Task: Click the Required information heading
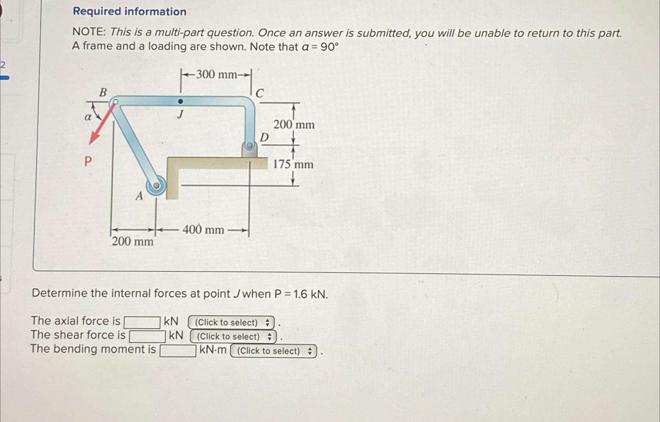[129, 11]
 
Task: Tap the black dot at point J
[180, 102]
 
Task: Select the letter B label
[103, 93]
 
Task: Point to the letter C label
[260, 93]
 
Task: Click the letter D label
[264, 138]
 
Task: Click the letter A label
[139, 196]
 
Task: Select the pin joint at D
[249, 146]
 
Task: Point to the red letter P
[88, 161]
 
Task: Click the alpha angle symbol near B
[88, 117]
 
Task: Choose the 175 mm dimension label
[293, 164]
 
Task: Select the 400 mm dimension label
[203, 229]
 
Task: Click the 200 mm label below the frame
[133, 241]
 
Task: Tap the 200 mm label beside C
[294, 125]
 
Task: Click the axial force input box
[142, 322]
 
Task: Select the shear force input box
[147, 337]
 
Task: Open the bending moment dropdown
[273, 351]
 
